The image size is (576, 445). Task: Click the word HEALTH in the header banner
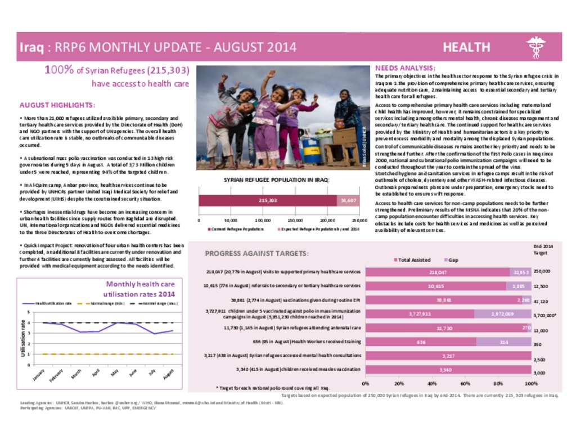(x=466, y=47)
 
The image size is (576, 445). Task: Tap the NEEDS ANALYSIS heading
(x=404, y=68)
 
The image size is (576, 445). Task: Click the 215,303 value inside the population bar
(x=268, y=200)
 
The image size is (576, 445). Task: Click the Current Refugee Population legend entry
(x=237, y=229)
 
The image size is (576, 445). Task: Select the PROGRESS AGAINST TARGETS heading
(x=256, y=254)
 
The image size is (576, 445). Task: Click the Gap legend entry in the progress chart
(x=454, y=260)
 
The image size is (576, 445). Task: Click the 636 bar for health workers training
(x=421, y=341)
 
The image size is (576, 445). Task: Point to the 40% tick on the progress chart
(x=432, y=383)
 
